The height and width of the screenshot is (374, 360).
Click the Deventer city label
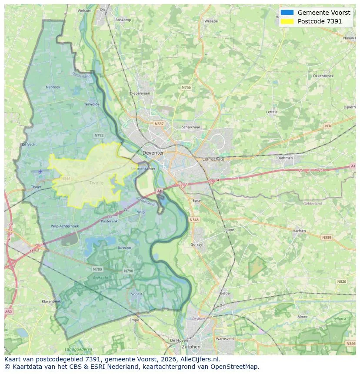(153, 153)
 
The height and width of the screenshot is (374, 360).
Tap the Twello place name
(97, 183)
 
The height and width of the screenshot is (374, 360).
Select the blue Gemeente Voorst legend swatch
(287, 13)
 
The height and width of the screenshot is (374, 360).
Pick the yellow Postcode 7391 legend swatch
(287, 21)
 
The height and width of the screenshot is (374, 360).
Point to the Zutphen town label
(191, 347)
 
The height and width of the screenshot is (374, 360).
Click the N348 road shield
(194, 220)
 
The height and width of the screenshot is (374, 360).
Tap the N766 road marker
(186, 87)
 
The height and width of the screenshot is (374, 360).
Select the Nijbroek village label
(53, 87)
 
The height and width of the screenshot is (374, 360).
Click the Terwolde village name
(92, 104)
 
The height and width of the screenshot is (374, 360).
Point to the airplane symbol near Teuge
(40, 172)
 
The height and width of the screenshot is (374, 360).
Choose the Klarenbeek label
(51, 301)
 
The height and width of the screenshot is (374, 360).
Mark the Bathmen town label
(285, 158)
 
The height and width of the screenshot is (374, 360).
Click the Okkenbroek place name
(323, 76)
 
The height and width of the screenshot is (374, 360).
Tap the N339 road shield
(326, 238)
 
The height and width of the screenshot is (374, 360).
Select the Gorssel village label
(197, 245)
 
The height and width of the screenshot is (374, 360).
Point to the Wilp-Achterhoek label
(65, 226)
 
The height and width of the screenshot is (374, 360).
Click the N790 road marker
(128, 271)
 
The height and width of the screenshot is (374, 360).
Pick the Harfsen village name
(299, 231)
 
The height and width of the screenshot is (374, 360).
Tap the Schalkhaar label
(191, 127)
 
